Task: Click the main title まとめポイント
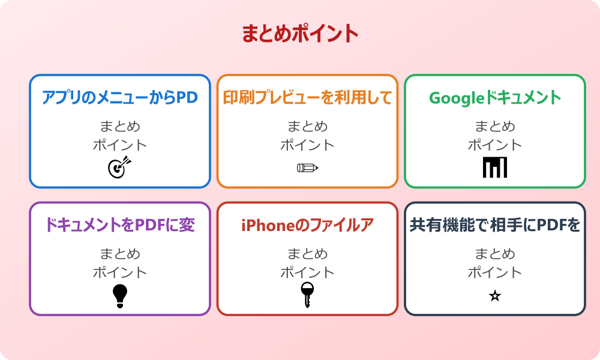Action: tap(300, 34)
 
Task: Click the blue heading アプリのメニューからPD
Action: tap(120, 97)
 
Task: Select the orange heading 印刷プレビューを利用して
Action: tap(307, 97)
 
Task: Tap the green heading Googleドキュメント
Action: tap(495, 97)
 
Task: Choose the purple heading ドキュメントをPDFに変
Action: tap(120, 225)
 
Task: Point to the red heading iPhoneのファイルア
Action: tap(307, 225)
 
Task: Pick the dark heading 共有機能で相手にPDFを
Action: tap(495, 225)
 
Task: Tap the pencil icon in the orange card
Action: tap(307, 167)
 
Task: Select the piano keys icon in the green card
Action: tap(495, 167)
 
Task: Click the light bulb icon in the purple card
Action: tap(120, 295)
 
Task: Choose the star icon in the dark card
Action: tap(495, 296)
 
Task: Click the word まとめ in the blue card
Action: tap(120, 127)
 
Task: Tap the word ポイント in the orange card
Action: tap(307, 145)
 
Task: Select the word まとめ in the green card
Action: tap(495, 127)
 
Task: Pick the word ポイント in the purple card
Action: tap(120, 272)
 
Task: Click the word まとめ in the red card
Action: tap(307, 254)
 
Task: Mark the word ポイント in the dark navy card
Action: tap(495, 272)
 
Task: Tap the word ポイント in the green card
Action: tap(495, 145)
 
